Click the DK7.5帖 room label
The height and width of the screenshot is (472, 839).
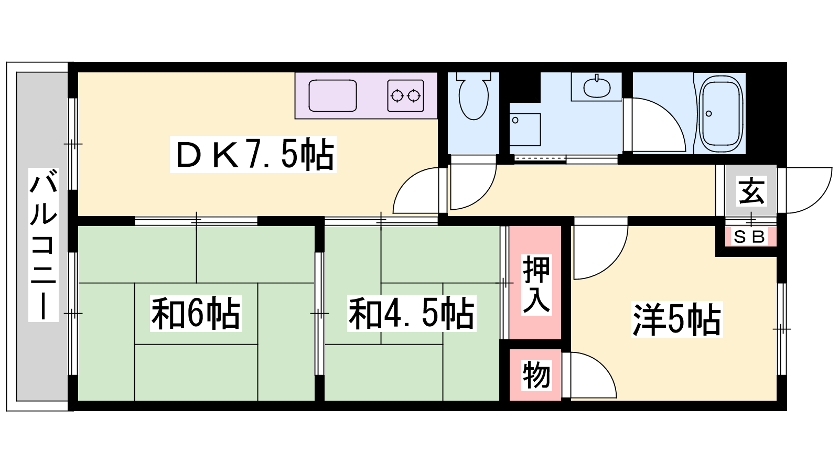pyautogui.click(x=253, y=154)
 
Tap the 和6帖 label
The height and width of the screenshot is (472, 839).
pyautogui.click(x=196, y=313)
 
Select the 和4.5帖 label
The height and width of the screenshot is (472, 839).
pyautogui.click(x=412, y=313)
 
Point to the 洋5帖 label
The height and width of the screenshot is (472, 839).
pyautogui.click(x=676, y=319)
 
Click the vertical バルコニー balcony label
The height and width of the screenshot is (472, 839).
pyautogui.click(x=44, y=245)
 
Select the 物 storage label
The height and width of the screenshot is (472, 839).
pyautogui.click(x=536, y=375)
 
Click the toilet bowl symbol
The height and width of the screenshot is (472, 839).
pyautogui.click(x=474, y=96)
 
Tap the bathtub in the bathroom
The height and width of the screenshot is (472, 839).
pyautogui.click(x=722, y=113)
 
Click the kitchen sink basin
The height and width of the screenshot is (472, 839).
pyautogui.click(x=332, y=95)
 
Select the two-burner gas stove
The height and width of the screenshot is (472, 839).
pyautogui.click(x=406, y=95)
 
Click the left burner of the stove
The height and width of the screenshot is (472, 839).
pyautogui.click(x=397, y=96)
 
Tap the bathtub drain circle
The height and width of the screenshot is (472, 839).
pyautogui.click(x=708, y=113)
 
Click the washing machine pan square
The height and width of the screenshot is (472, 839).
pyautogui.click(x=525, y=130)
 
